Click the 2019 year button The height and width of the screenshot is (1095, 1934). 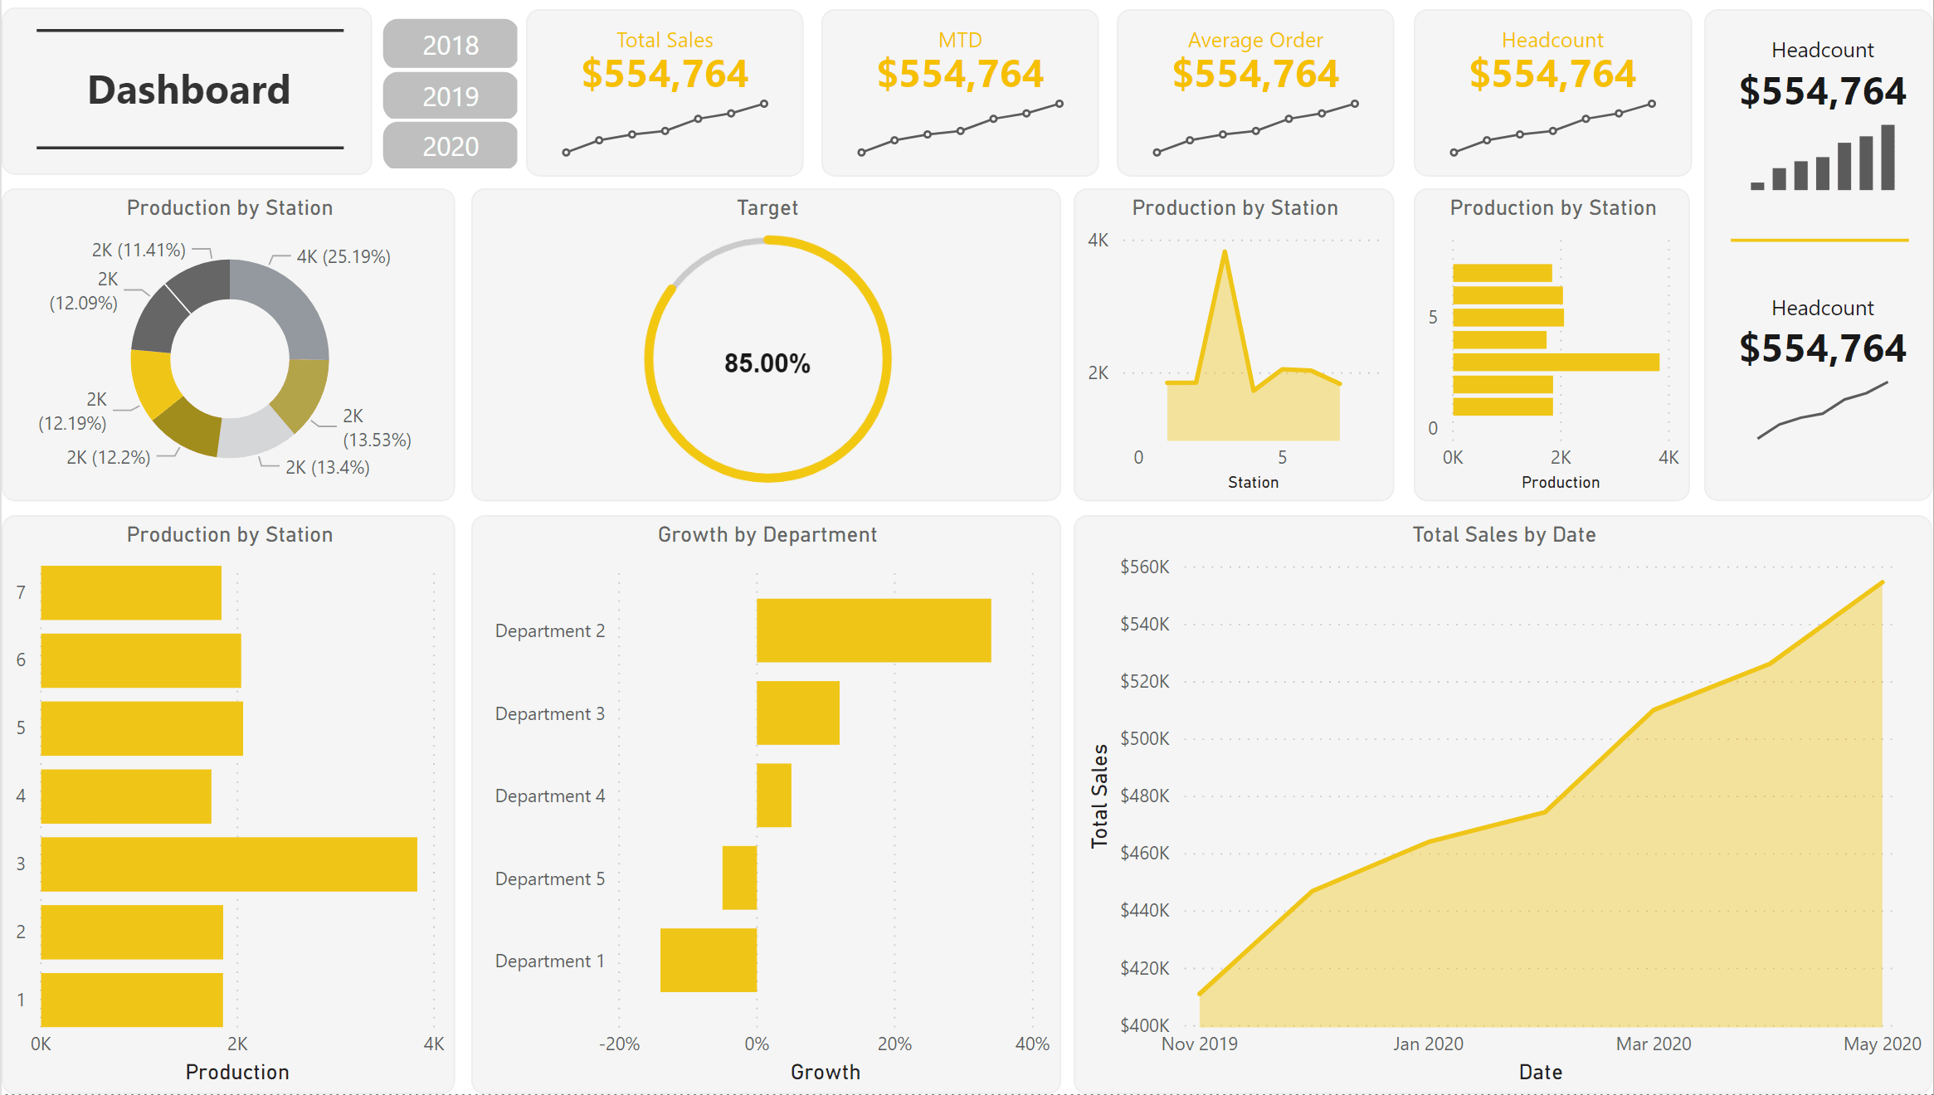click(450, 96)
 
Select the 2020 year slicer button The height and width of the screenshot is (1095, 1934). click(450, 146)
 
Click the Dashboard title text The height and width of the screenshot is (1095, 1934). click(189, 90)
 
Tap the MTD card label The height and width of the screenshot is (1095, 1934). click(960, 40)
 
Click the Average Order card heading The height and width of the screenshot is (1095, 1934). click(1254, 40)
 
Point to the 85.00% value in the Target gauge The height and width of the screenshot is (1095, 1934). click(767, 363)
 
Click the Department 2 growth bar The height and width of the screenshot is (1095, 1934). click(873, 630)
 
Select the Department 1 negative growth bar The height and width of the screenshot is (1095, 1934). click(708, 960)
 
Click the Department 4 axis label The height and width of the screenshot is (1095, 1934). click(549, 796)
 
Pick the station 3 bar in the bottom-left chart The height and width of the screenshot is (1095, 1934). click(228, 864)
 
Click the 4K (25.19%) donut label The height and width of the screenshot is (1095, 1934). click(343, 256)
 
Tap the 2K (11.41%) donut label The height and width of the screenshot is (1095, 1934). click(139, 250)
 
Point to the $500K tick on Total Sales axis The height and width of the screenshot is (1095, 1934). click(1144, 738)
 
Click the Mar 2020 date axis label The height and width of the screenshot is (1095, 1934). click(1653, 1044)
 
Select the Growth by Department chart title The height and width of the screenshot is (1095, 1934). click(767, 535)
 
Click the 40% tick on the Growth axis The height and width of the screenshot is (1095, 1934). click(1031, 1044)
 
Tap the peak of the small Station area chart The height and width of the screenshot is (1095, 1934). click(1225, 253)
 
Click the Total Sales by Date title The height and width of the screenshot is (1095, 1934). click(1503, 535)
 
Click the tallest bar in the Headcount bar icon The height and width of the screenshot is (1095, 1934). click(1888, 158)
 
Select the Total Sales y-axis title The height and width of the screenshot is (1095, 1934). click(1099, 796)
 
